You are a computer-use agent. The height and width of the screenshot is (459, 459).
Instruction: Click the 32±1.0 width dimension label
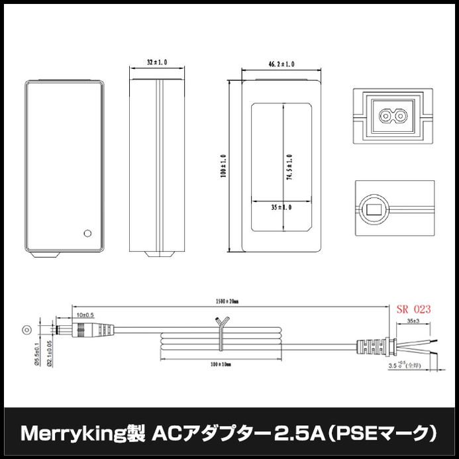click(x=156, y=62)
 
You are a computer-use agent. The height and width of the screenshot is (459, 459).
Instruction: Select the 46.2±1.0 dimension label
click(x=281, y=64)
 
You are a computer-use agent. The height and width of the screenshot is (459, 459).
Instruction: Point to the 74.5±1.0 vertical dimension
click(x=289, y=170)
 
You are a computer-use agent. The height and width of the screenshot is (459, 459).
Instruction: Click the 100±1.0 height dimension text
click(x=224, y=166)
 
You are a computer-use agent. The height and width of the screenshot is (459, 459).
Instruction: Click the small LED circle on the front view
click(x=86, y=232)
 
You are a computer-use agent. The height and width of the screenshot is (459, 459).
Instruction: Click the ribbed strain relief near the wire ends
click(x=375, y=346)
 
